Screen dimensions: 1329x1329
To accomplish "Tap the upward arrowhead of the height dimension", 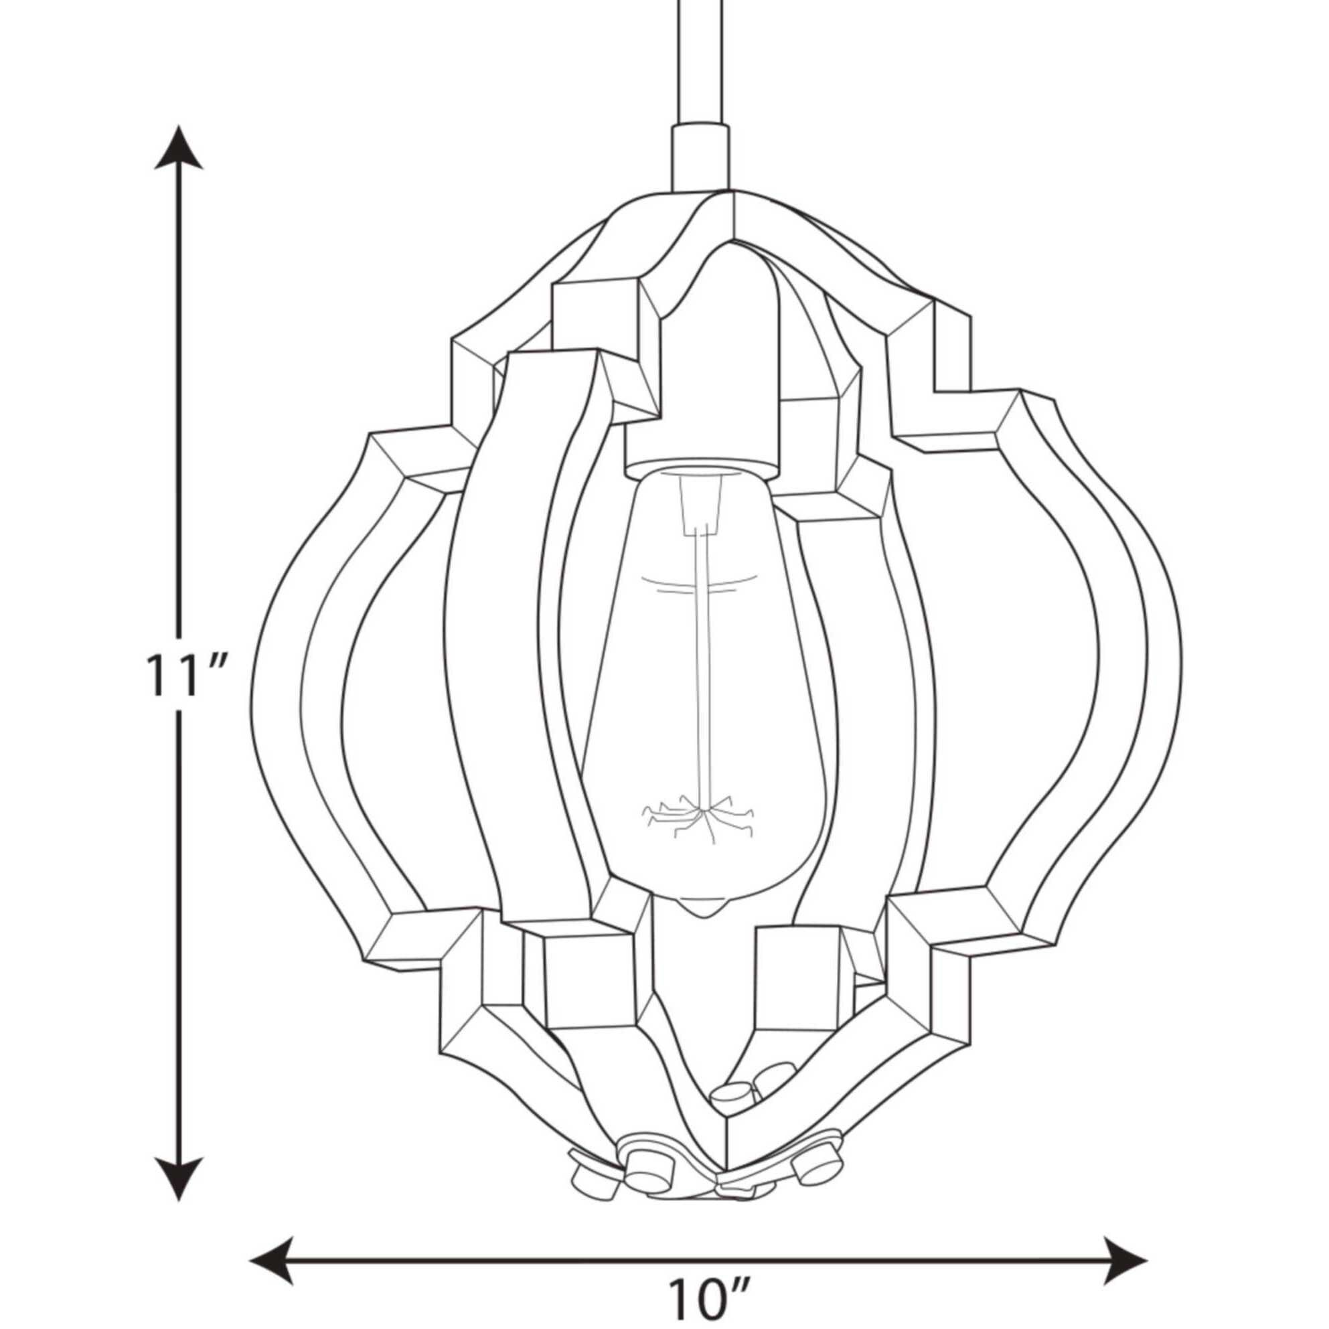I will point(179,148).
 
